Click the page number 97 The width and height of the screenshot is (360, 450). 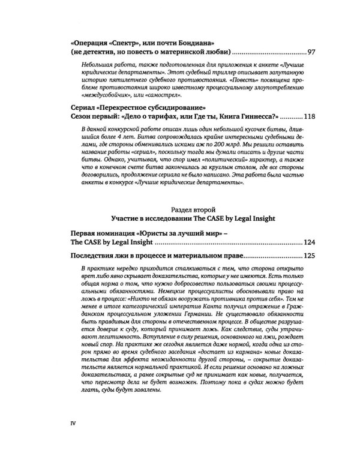302,52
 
